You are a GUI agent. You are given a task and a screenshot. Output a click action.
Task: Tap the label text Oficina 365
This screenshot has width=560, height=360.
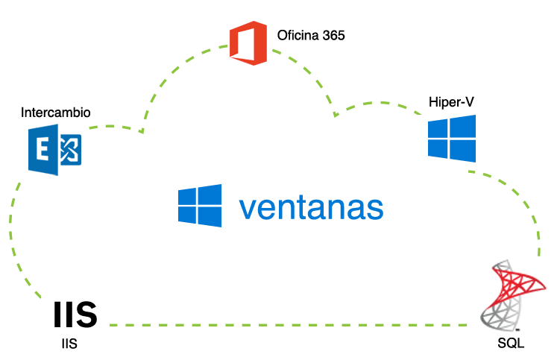[311, 35]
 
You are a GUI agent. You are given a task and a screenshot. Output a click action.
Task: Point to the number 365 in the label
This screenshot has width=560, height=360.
[333, 35]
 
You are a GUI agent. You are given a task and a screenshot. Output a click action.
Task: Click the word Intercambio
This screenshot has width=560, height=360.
[56, 113]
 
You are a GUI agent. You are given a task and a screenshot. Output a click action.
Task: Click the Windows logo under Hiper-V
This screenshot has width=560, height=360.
[452, 138]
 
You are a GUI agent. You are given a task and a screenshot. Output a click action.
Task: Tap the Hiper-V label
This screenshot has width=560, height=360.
[452, 101]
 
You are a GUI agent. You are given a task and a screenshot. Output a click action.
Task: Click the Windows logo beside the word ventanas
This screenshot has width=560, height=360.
[200, 204]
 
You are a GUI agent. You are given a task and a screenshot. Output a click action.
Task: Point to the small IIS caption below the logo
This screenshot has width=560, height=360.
[69, 344]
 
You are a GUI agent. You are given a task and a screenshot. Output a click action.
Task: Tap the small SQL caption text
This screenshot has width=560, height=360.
[512, 344]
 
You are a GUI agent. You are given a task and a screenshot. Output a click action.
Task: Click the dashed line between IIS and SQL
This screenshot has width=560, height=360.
[291, 326]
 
